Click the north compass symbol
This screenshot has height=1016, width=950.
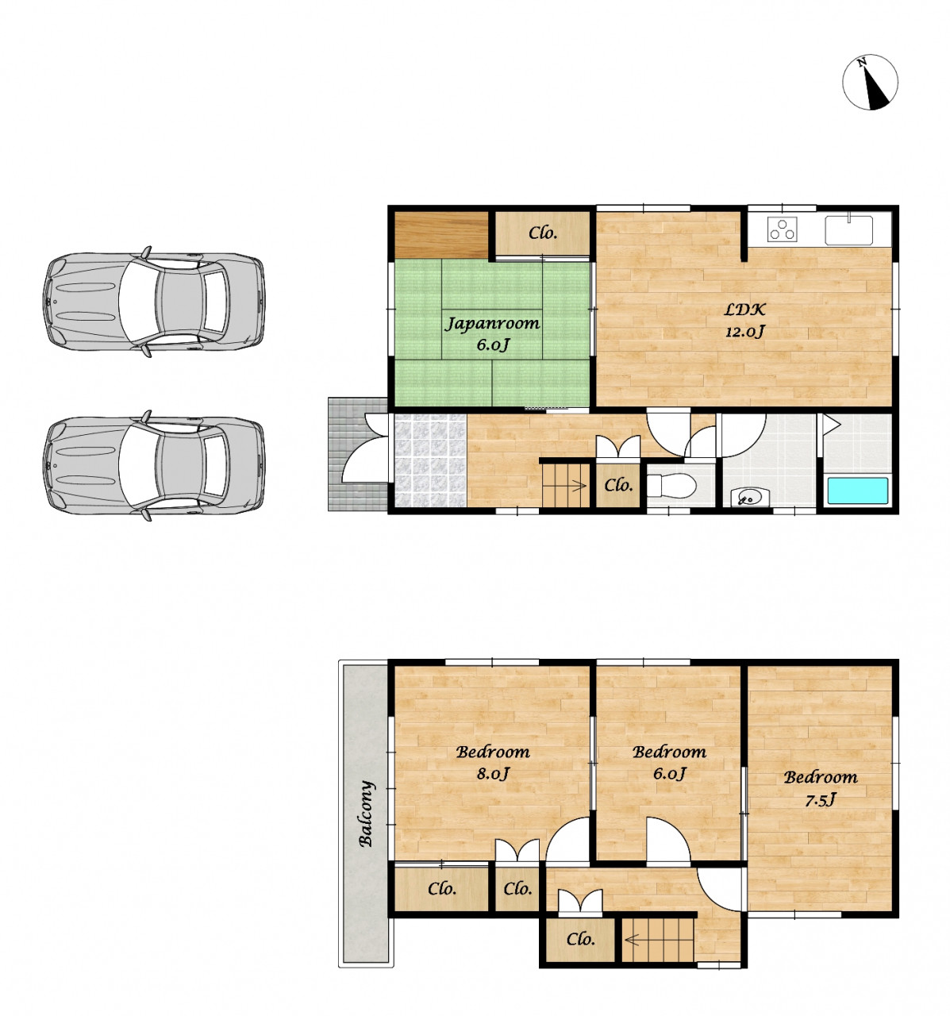(870, 82)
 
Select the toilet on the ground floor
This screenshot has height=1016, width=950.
(671, 485)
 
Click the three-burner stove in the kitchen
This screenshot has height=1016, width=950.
(782, 229)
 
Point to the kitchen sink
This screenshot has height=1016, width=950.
(848, 229)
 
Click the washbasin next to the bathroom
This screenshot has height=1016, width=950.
(750, 496)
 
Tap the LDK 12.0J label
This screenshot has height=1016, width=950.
(745, 320)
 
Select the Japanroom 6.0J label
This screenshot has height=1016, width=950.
(491, 333)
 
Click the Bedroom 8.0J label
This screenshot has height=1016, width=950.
(493, 762)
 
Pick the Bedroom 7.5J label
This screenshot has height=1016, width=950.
(821, 788)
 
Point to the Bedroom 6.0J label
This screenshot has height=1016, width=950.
(669, 762)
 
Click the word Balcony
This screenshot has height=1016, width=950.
(366, 814)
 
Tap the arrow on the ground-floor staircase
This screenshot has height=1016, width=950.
(579, 485)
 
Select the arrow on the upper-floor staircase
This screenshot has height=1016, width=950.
(633, 939)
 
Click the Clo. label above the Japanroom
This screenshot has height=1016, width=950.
(542, 233)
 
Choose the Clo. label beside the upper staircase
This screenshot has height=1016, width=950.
(580, 939)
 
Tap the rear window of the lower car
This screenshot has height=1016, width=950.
(216, 464)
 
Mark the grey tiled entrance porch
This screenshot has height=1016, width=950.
(357, 454)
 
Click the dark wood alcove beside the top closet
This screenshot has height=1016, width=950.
(441, 235)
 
